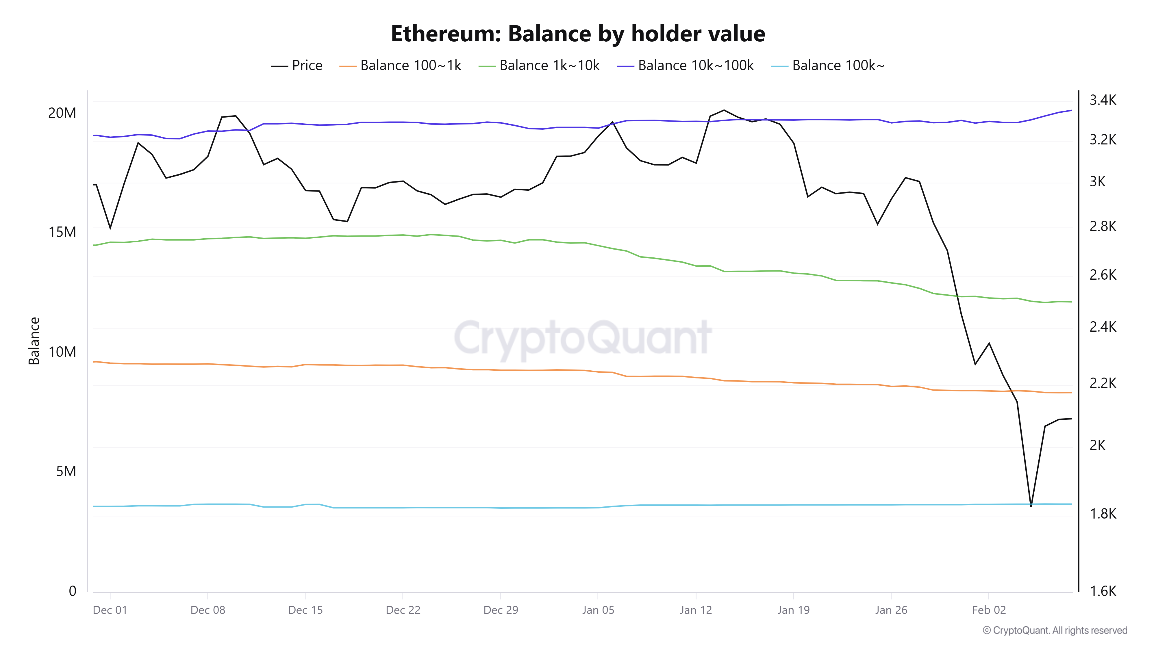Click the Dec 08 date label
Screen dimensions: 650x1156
pos(208,610)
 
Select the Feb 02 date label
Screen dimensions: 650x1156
pos(989,610)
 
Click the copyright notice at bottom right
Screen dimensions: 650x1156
pos(1055,630)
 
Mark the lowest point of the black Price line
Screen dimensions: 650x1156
pos(1031,506)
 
